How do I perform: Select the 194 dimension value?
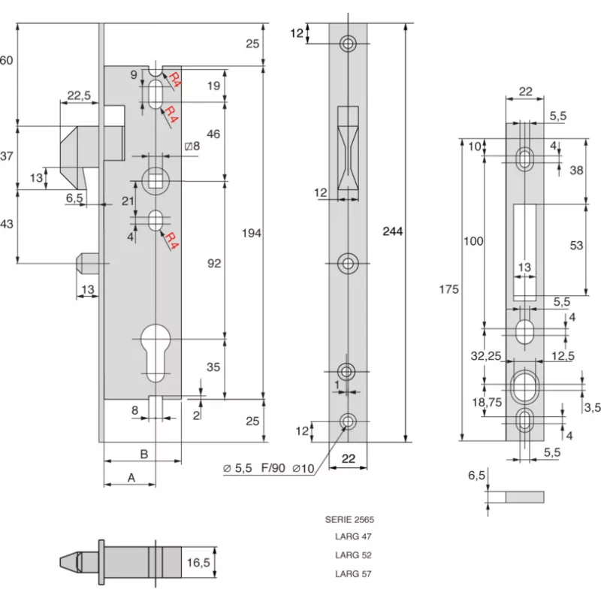click(x=252, y=234)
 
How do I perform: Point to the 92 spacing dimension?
click(x=213, y=264)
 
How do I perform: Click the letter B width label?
click(x=143, y=453)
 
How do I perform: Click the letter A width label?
click(x=131, y=477)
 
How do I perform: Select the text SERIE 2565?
click(x=349, y=519)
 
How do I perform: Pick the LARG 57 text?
click(x=353, y=574)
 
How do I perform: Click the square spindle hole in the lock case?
click(x=156, y=180)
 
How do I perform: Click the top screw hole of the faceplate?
click(x=348, y=44)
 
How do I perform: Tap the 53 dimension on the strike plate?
click(x=577, y=246)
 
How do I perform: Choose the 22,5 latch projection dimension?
click(x=79, y=95)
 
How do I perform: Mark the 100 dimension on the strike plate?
click(x=473, y=241)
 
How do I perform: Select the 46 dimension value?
click(x=213, y=134)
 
